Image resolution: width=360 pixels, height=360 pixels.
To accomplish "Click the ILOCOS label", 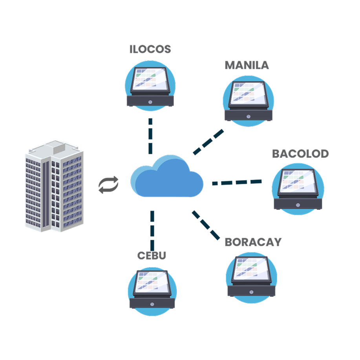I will (150, 49).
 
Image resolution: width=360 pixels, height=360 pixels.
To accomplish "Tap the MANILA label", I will (247, 65).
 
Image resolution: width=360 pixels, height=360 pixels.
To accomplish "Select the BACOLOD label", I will (300, 154).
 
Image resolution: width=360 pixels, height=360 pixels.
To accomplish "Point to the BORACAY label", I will (253, 242).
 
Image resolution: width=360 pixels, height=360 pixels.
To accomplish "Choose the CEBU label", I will (152, 256).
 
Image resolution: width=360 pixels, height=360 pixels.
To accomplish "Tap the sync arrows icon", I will (108, 185).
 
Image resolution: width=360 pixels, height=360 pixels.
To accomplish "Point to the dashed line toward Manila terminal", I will (208, 142).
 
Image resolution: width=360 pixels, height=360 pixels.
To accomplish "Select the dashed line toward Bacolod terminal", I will (237, 182).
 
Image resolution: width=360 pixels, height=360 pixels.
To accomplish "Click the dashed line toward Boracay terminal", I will (206, 225).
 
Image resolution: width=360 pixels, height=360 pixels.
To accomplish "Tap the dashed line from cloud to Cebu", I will (152, 230).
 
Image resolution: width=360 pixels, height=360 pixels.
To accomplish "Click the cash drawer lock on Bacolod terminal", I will (298, 205).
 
